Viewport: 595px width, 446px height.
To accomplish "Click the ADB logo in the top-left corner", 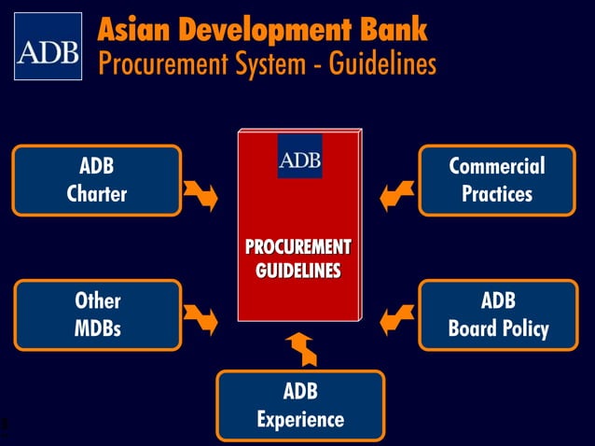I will pyautogui.click(x=48, y=47).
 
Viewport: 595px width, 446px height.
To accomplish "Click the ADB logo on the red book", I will pyautogui.click(x=299, y=157).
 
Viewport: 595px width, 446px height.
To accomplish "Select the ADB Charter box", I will pyautogui.click(x=97, y=181).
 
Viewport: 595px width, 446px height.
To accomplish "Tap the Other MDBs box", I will pyautogui.click(x=97, y=315).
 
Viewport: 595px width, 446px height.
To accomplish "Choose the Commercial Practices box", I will pyautogui.click(x=497, y=181).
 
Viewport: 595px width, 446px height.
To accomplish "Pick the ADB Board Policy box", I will pyautogui.click(x=497, y=315).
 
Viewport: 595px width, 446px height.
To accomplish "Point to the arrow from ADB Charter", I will pyautogui.click(x=201, y=193).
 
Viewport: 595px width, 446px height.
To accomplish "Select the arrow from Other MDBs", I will pyautogui.click(x=201, y=318).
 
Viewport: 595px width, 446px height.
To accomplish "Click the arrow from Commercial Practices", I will pyautogui.click(x=397, y=193).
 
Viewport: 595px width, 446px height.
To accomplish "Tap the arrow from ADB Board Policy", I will pyautogui.click(x=397, y=318).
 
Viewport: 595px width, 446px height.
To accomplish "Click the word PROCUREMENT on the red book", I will pyautogui.click(x=297, y=247).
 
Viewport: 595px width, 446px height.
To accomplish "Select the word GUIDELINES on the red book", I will pyautogui.click(x=297, y=271).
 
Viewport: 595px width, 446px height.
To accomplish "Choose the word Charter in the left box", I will pyautogui.click(x=97, y=195).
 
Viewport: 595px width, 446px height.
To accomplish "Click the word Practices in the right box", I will pyautogui.click(x=497, y=195).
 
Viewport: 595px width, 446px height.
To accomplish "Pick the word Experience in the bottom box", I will pyautogui.click(x=299, y=420).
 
